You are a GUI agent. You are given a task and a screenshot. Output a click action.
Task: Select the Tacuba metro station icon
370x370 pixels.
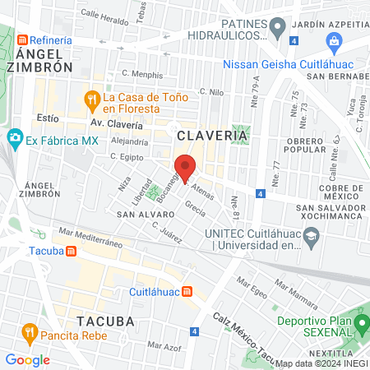point(72,251)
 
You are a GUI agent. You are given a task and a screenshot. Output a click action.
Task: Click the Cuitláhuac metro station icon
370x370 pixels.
point(188,291)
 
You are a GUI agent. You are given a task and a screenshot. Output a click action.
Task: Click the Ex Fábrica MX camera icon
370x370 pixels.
point(14,137)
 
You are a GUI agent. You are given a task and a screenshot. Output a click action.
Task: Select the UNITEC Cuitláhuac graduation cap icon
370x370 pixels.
point(311,238)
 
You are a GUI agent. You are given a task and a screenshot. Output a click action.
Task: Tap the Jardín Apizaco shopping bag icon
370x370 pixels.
point(335,41)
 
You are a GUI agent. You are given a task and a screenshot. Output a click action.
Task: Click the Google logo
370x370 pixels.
point(27,359)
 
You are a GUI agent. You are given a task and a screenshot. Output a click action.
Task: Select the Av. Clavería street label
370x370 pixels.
point(116,125)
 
